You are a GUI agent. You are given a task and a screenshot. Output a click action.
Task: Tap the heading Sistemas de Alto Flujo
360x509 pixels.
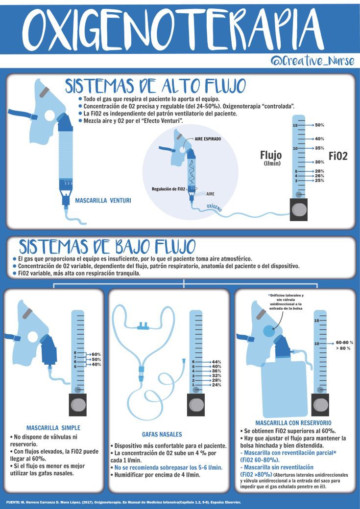[x=156, y=86]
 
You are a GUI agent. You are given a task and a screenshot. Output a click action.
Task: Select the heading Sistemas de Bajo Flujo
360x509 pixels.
[x=107, y=246]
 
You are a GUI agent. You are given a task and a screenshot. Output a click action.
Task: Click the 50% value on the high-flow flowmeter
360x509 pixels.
[x=319, y=125]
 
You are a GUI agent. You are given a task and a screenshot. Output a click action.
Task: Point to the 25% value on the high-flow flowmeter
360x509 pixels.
[x=319, y=181]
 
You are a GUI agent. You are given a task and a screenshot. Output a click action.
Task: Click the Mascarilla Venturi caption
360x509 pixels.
[x=103, y=200]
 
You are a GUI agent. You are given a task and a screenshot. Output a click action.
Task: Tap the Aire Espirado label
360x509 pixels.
[x=208, y=139]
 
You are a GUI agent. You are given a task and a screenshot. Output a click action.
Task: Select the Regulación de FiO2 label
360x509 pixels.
[x=168, y=189]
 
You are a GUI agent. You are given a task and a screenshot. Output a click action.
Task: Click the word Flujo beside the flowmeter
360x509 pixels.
[x=271, y=156]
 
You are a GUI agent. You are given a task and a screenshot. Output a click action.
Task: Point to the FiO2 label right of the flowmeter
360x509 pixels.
[x=338, y=156]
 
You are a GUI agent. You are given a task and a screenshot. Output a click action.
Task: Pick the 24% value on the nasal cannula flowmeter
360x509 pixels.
[x=216, y=385]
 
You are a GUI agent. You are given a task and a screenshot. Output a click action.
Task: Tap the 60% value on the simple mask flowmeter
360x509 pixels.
[x=96, y=354]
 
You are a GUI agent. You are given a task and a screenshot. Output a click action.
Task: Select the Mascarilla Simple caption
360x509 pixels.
[x=53, y=428]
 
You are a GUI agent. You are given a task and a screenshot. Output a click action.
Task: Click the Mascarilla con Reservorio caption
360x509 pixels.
[x=293, y=422]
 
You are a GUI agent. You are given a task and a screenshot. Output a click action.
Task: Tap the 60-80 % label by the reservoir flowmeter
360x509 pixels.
[x=345, y=342]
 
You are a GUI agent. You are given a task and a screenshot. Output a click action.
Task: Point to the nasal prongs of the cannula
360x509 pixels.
[x=144, y=325]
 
